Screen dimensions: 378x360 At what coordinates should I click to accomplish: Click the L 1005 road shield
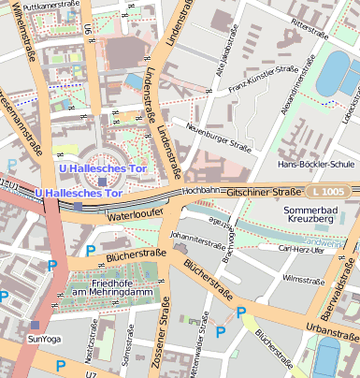[x=328, y=191]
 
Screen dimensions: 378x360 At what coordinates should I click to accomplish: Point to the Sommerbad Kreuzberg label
[x=314, y=217]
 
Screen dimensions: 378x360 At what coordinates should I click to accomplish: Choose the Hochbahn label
[x=201, y=190]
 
